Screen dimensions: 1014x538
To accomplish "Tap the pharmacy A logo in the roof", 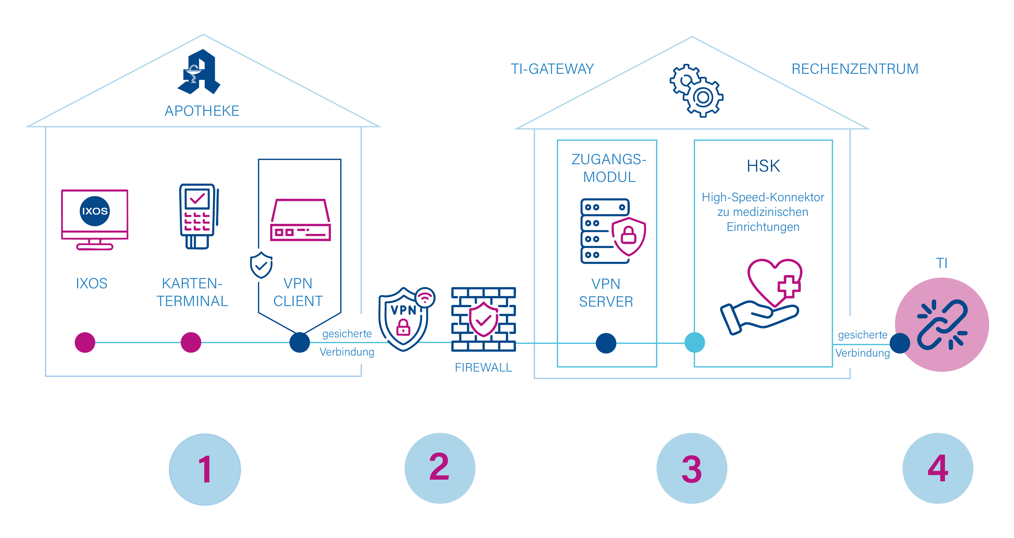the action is click(x=199, y=72).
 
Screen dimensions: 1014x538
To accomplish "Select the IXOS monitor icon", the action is click(x=94, y=220).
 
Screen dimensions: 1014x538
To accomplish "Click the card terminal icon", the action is click(x=199, y=216).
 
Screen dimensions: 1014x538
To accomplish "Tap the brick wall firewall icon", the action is click(x=483, y=319).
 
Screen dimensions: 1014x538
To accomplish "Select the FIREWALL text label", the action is click(x=483, y=367).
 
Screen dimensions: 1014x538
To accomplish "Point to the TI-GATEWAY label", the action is click(x=552, y=69).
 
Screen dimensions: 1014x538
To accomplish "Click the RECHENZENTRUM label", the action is click(x=855, y=69).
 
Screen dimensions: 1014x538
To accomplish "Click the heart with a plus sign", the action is click(x=775, y=282).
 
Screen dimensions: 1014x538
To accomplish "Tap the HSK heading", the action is click(x=763, y=166).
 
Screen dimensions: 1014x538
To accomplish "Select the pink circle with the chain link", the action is click(x=942, y=325).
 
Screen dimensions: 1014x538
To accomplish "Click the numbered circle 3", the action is click(x=692, y=468).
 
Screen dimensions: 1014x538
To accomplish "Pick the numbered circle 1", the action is click(x=205, y=469).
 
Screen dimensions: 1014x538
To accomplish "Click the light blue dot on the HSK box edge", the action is click(x=695, y=342).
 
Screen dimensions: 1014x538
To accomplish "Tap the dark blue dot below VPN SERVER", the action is click(x=606, y=343).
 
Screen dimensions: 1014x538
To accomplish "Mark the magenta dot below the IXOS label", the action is click(x=85, y=342).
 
